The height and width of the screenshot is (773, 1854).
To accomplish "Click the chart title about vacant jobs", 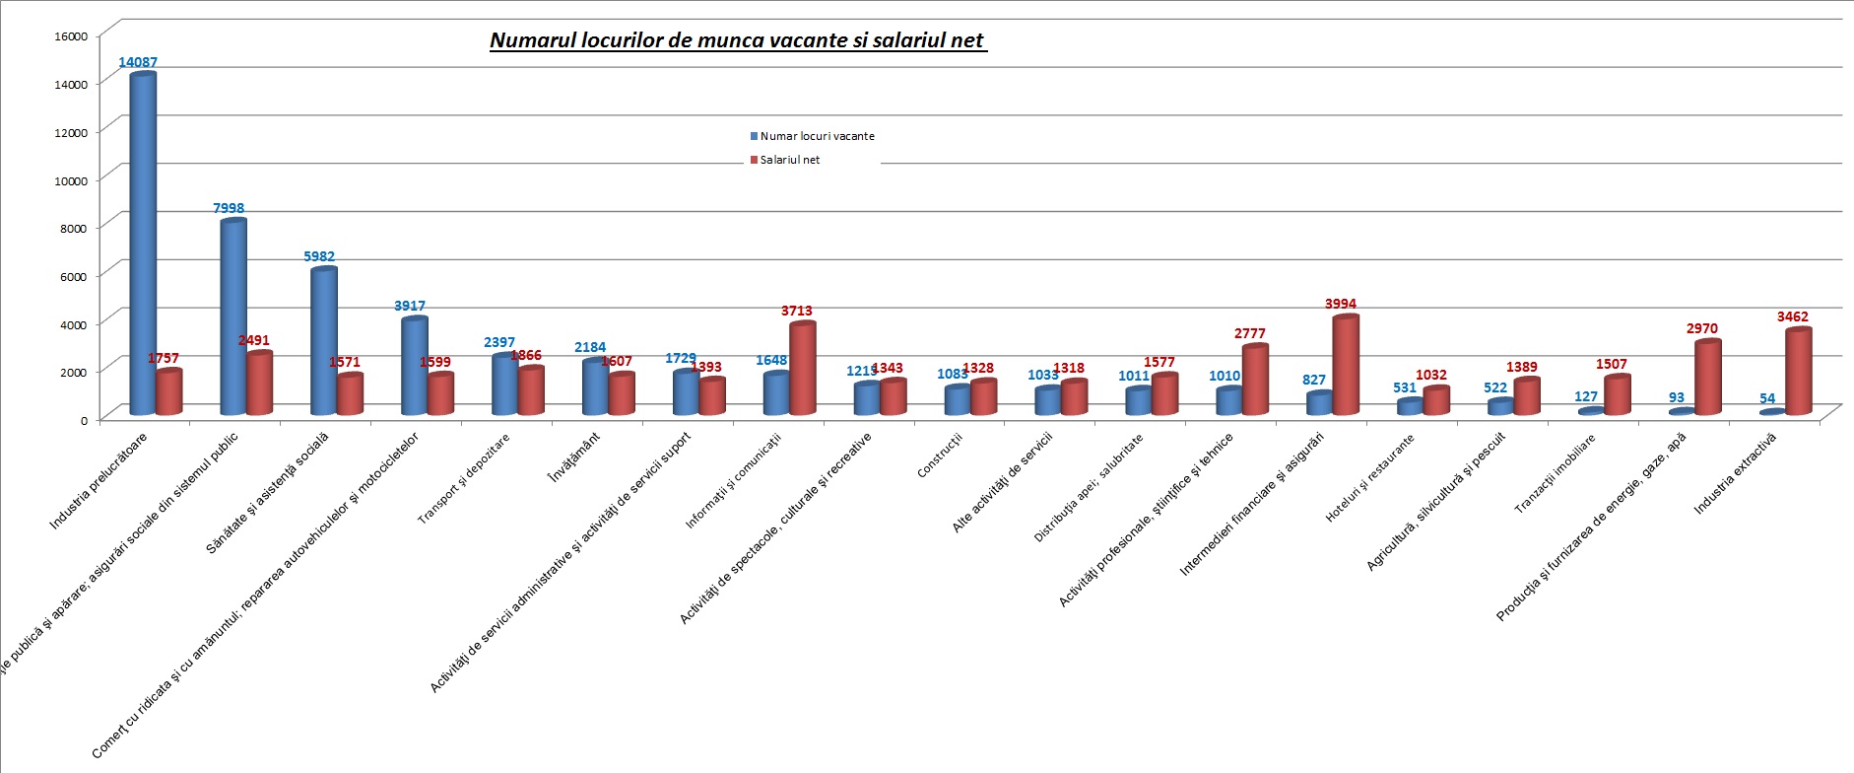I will pyautogui.click(x=737, y=40).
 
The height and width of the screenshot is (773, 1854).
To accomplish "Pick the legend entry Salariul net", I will pyautogui.click(x=788, y=160).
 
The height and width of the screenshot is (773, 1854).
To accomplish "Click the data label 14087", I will pyautogui.click(x=138, y=62).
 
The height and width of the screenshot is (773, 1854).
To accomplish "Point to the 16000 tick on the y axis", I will pyautogui.click(x=71, y=36).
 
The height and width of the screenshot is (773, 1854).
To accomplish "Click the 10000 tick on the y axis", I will pyautogui.click(x=71, y=180).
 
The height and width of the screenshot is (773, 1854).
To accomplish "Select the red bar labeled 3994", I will pyautogui.click(x=1346, y=365).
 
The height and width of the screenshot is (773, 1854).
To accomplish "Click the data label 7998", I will pyautogui.click(x=229, y=208).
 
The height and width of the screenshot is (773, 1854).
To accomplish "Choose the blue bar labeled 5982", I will pyautogui.click(x=324, y=341).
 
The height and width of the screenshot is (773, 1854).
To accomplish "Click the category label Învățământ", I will pyautogui.click(x=574, y=458).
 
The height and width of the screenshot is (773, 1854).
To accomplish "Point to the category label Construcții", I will pyautogui.click(x=939, y=457).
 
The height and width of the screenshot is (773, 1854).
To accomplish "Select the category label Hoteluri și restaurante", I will pyautogui.click(x=1369, y=478).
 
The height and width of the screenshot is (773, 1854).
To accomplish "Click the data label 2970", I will pyautogui.click(x=1701, y=328).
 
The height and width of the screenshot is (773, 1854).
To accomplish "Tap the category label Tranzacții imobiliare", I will pyautogui.click(x=1555, y=474).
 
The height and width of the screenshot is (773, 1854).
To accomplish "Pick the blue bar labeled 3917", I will pyautogui.click(x=415, y=366).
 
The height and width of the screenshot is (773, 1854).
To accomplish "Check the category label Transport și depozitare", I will pyautogui.click(x=464, y=479).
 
